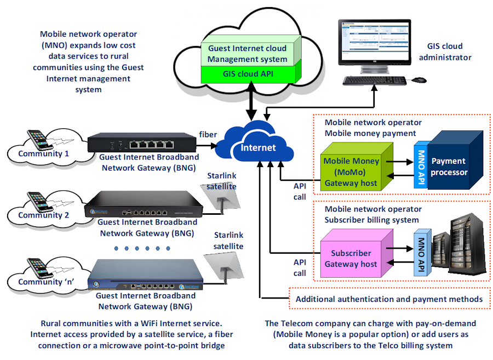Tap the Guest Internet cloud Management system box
[248, 53]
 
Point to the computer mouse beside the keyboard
[419, 80]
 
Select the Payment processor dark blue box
[449, 166]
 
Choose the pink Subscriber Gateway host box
[351, 258]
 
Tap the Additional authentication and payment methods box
[388, 299]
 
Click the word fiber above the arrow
[208, 134]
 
